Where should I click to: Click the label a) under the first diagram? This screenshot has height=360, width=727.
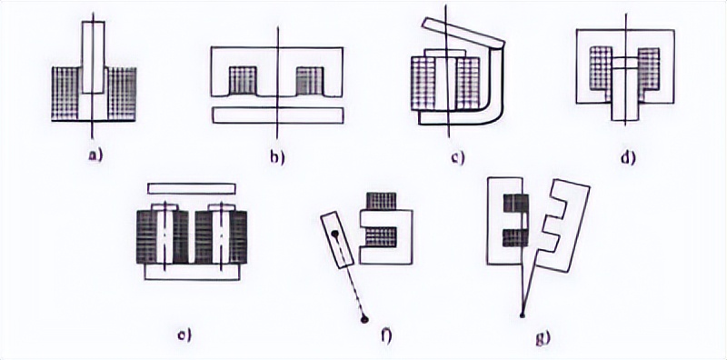(95, 155)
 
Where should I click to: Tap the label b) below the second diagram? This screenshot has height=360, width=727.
(277, 157)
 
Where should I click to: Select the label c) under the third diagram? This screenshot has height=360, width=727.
(457, 158)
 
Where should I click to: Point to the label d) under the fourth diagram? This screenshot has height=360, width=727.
(628, 157)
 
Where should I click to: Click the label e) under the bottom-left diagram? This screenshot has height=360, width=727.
(184, 335)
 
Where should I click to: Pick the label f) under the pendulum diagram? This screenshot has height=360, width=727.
(386, 335)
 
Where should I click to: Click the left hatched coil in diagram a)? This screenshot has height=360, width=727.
(65, 94)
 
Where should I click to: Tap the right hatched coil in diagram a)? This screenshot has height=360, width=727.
(122, 94)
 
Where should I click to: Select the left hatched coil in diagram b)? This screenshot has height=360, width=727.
(243, 80)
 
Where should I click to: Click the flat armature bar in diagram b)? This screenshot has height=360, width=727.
(278, 115)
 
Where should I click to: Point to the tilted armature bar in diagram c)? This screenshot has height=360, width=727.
(463, 33)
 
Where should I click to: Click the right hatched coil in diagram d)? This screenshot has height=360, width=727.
(649, 68)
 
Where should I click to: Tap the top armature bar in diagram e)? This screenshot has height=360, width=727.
(192, 188)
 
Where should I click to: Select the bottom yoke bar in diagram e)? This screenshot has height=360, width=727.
(192, 272)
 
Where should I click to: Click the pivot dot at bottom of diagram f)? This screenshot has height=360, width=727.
(364, 319)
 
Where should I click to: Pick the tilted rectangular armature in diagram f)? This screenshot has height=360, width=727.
(337, 240)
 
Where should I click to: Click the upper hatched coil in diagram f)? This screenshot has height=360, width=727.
(382, 201)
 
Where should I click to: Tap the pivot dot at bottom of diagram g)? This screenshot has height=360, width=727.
(523, 315)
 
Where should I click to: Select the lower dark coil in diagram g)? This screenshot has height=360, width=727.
(515, 238)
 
